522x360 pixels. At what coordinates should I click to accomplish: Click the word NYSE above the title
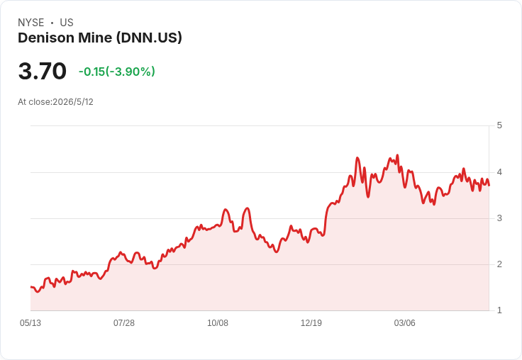point(31,23)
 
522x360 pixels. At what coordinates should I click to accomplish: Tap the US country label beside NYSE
point(67,23)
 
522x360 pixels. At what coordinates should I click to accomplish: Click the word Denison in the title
point(46,38)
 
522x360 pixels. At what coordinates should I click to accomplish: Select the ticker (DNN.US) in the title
point(149,38)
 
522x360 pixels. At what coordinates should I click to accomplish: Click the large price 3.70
point(43,71)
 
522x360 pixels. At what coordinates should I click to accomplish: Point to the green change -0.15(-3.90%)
point(117,72)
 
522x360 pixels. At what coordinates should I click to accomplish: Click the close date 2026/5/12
point(73,102)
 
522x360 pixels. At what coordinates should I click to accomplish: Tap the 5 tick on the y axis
point(499,125)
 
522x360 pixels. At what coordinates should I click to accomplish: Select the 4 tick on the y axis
point(499,172)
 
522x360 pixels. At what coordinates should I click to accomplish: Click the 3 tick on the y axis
point(499,218)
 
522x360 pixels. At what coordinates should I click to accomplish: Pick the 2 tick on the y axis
point(499,264)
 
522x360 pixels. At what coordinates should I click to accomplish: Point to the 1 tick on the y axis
point(499,310)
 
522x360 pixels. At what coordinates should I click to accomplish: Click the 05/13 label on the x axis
point(30,323)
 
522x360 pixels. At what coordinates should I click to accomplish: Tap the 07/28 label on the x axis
point(124,323)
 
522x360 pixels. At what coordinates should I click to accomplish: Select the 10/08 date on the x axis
point(218,323)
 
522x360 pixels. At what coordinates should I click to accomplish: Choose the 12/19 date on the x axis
point(311,323)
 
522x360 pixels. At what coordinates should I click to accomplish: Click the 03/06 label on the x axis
point(405,323)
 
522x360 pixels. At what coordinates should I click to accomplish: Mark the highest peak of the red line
point(397,155)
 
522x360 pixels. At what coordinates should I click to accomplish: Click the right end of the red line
point(489,186)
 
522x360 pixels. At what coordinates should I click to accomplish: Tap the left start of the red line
point(31,287)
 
